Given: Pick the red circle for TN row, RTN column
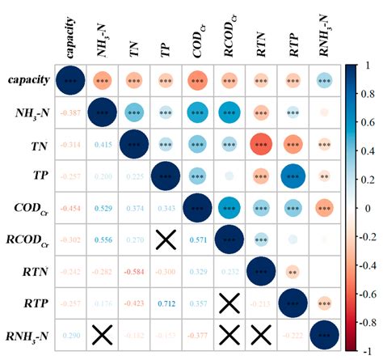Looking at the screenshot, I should [x=261, y=145].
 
